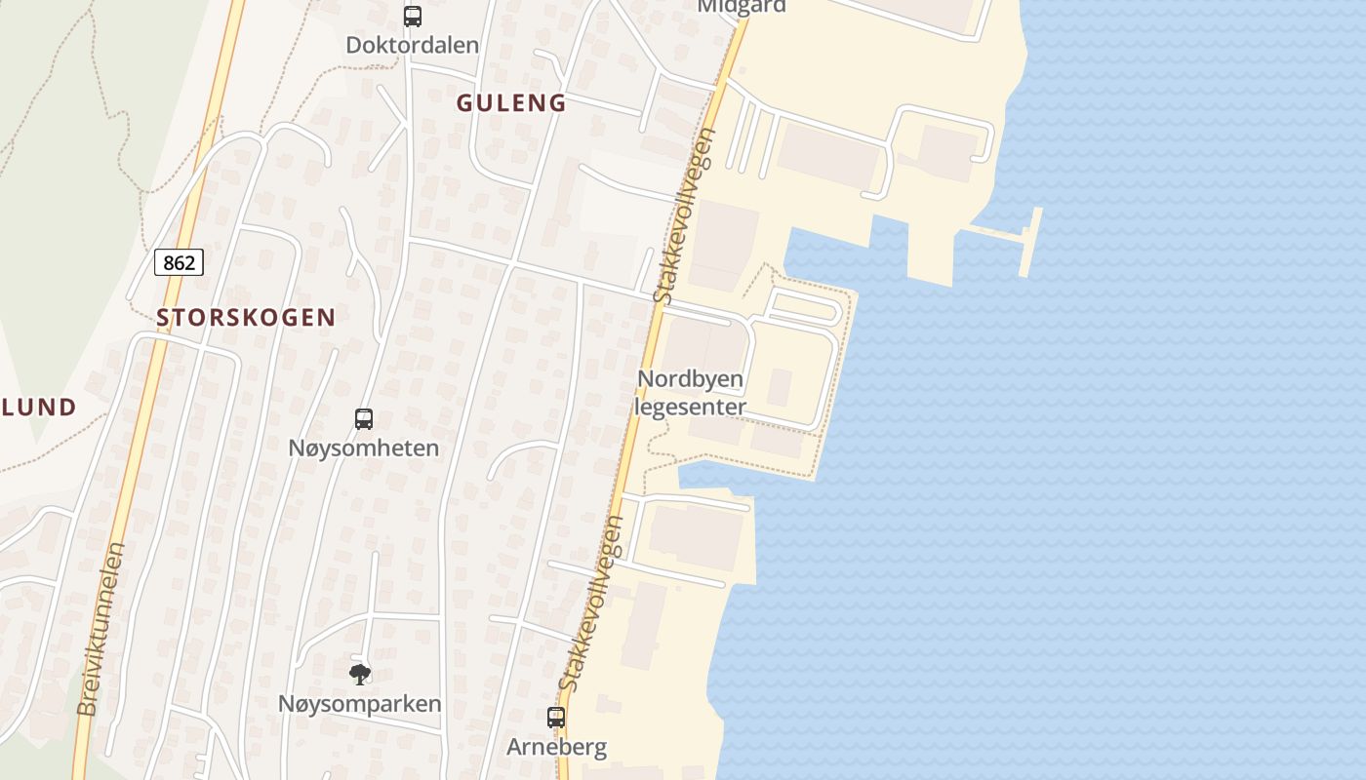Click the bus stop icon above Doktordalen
pos(413,17)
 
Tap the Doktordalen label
pos(413,45)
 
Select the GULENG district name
pos(511,103)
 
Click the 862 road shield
pos(179,262)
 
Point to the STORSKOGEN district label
pos(246,317)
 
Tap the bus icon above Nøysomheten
pos(364,419)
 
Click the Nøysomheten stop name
pos(364,448)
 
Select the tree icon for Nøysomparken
pos(360,674)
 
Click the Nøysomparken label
pos(360,704)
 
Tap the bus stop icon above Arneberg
pos(556,718)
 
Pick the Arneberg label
pos(556,748)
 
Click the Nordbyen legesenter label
pos(691,393)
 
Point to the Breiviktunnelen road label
pos(101,629)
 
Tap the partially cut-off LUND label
pos(39,408)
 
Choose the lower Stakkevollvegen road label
pos(592,604)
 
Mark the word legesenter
pos(691,408)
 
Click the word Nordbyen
pos(691,378)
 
